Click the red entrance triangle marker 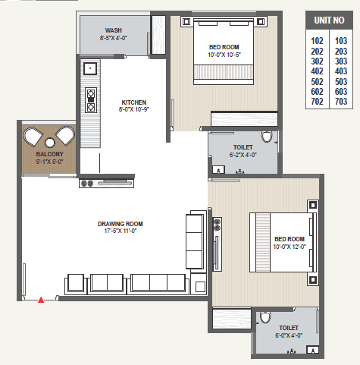click(x=41, y=300)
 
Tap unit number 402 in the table click(x=317, y=71)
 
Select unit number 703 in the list click(x=341, y=102)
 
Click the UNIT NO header click(x=329, y=20)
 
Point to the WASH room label click(x=114, y=30)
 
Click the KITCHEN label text click(x=134, y=102)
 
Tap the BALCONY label click(x=49, y=154)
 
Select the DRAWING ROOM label click(x=121, y=224)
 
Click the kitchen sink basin click(x=90, y=68)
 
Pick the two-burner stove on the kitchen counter click(x=91, y=100)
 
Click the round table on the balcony click(x=50, y=143)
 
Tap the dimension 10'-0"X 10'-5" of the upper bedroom click(x=224, y=55)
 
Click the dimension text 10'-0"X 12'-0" click(x=290, y=247)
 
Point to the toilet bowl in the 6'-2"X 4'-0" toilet click(x=267, y=137)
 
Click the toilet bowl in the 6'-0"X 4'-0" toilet click(x=265, y=317)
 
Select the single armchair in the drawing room click(x=76, y=284)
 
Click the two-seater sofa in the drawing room click(x=107, y=284)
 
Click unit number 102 click(x=317, y=41)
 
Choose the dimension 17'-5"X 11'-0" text click(x=121, y=231)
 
